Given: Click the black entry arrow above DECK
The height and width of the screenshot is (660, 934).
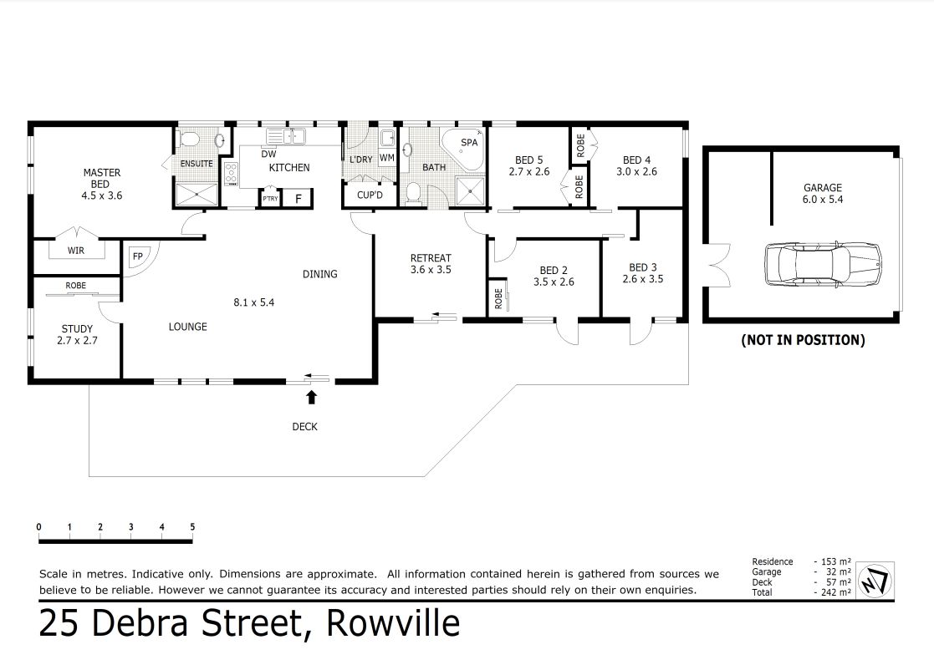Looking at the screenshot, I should click(313, 397).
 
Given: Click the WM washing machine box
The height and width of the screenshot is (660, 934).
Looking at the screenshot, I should click(387, 157).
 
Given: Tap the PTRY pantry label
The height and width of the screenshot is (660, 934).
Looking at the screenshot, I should click(270, 199).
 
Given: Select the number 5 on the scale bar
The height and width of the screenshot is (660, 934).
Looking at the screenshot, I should click(192, 527).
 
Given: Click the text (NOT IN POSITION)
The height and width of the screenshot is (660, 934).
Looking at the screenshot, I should click(802, 340).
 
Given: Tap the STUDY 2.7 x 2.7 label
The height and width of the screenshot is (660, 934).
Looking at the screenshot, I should click(77, 334).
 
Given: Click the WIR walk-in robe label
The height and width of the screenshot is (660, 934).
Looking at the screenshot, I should click(75, 248).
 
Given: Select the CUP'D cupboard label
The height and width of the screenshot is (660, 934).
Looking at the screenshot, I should click(369, 195).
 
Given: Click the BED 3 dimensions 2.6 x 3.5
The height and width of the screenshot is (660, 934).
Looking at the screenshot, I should click(642, 279).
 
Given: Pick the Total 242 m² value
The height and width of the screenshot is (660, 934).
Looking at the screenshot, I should click(833, 591).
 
